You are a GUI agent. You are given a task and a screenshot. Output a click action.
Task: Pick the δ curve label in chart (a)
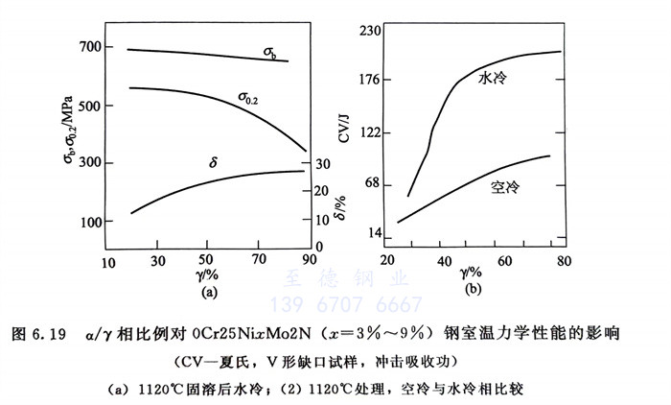213,163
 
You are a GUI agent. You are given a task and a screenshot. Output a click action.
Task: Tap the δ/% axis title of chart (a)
340,205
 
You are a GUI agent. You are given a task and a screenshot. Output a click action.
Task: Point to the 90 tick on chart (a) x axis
308,260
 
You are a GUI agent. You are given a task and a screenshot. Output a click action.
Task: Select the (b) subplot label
473,287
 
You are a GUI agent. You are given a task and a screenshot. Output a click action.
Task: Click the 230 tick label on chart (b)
371,31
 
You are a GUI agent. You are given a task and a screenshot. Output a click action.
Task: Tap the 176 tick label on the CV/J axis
371,80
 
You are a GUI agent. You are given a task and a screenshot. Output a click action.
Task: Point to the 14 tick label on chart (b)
375,233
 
